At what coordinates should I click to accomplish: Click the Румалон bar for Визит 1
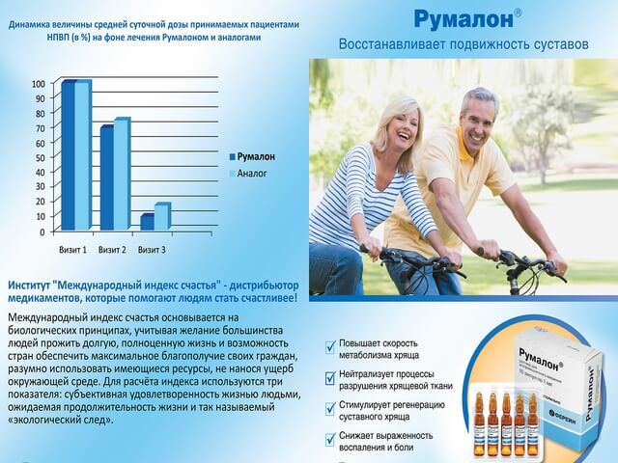(x=68, y=156)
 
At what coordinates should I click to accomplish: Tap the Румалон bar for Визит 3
(x=147, y=222)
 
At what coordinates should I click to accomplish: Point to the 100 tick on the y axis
(x=38, y=84)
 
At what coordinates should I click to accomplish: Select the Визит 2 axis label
(x=111, y=250)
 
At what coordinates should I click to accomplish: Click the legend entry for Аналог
(x=253, y=174)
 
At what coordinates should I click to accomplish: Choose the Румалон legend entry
(x=255, y=156)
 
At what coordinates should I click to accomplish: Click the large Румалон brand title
(x=462, y=18)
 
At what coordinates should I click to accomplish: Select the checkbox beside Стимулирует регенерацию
(x=331, y=409)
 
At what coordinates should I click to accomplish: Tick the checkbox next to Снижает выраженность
(x=331, y=440)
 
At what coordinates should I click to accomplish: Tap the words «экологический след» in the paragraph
(x=58, y=421)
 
